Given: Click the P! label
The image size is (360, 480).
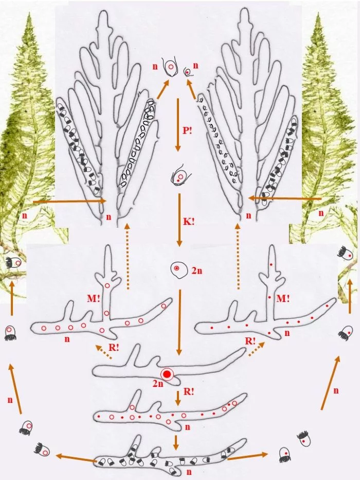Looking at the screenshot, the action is coord(187,131).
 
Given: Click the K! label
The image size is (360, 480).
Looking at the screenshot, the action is coord(189,222).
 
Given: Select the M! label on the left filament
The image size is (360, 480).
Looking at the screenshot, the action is coord(94,298).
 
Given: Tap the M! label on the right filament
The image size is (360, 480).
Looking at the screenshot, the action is coord(283,298).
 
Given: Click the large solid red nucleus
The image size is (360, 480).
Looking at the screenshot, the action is coord(167,374).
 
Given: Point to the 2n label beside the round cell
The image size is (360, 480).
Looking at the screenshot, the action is coord(197,271).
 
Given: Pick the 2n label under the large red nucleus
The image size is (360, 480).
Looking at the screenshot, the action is coord(158,383).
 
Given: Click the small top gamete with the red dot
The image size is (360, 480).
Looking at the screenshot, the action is coord(187,72).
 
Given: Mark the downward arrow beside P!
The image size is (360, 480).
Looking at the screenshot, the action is coord(177,125).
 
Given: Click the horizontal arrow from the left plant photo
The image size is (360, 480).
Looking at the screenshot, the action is coord(69,201).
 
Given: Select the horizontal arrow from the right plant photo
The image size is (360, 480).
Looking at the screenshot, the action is coord(284,199).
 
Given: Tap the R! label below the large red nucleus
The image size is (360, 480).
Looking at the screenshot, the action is coord(189,391).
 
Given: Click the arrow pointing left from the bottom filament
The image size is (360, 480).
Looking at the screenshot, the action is coord(76,458).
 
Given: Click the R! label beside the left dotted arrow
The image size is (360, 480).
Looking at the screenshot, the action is coord(114,347).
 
